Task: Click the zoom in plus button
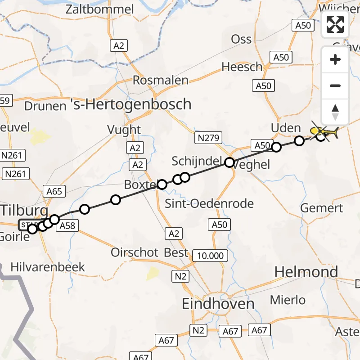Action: (335, 59)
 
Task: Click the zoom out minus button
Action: (335, 85)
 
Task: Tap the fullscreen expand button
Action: (335, 24)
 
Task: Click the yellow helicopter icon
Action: (324, 132)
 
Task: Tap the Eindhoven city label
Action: (218, 304)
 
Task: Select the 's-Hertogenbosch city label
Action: (131, 104)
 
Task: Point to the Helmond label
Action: (306, 272)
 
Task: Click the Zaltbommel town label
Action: (100, 9)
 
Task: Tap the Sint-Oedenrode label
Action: (210, 203)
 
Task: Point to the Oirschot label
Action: (135, 252)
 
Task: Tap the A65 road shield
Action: (54, 192)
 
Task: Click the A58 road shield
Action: (67, 225)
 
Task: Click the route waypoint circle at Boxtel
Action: (162, 184)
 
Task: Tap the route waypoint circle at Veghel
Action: (229, 162)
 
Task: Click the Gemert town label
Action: (322, 208)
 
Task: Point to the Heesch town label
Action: (242, 67)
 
